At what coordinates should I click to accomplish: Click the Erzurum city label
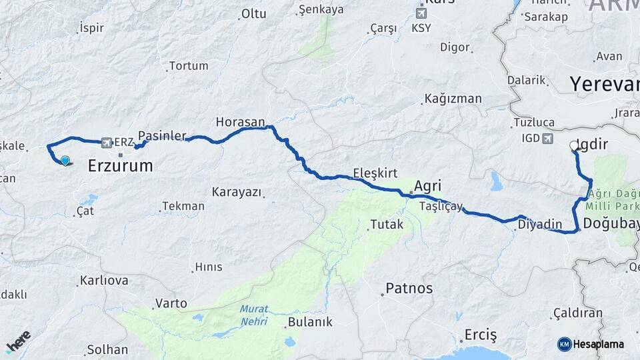pos(121,166)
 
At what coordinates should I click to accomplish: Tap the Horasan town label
pos(240,122)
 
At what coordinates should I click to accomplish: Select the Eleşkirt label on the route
pos(375,173)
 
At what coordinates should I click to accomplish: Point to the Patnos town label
pos(409,289)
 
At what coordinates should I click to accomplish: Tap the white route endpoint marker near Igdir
pos(573,145)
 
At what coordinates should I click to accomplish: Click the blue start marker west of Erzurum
pos(65,160)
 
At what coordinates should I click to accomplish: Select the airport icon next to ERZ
pos(106,143)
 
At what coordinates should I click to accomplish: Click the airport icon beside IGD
pos(548,139)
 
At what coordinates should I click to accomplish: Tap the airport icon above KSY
pos(421,13)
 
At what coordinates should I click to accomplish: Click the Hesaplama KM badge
pos(591,344)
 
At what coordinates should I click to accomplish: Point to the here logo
pos(19,342)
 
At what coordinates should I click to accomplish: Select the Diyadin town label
pos(537,225)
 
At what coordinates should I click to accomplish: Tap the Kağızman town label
pos(453,99)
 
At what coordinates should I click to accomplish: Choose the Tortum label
pos(189,66)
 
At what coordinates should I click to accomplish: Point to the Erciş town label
pos(481,335)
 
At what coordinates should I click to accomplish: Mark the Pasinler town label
pos(162,135)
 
